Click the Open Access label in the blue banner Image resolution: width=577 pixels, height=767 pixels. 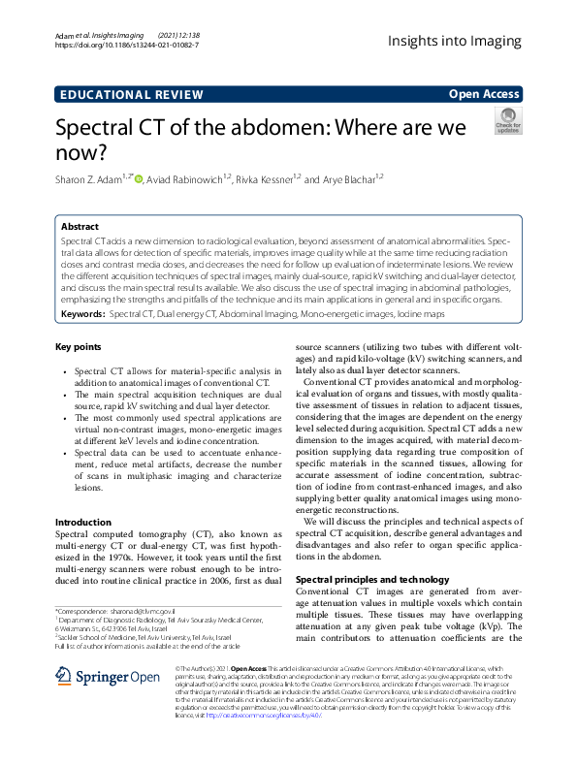coord(484,94)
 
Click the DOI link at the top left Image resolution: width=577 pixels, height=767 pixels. coord(128,45)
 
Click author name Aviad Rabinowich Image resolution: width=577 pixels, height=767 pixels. coord(187,179)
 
